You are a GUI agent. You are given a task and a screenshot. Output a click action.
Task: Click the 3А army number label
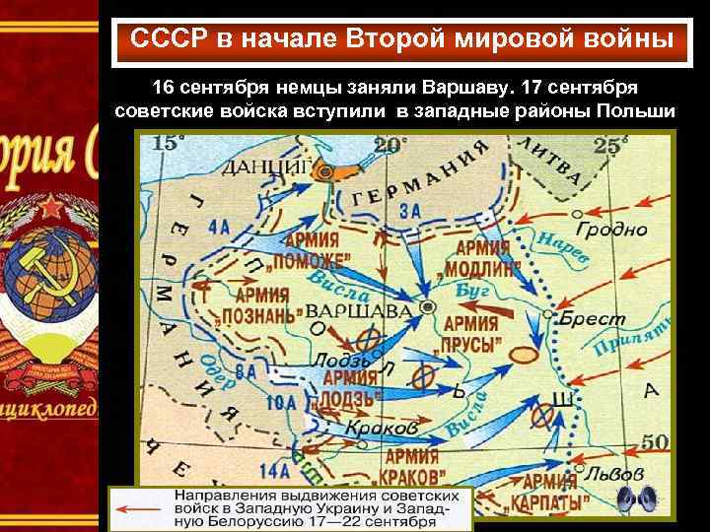(x=410, y=211)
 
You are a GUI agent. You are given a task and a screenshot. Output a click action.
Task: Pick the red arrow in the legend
(x=139, y=509)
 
